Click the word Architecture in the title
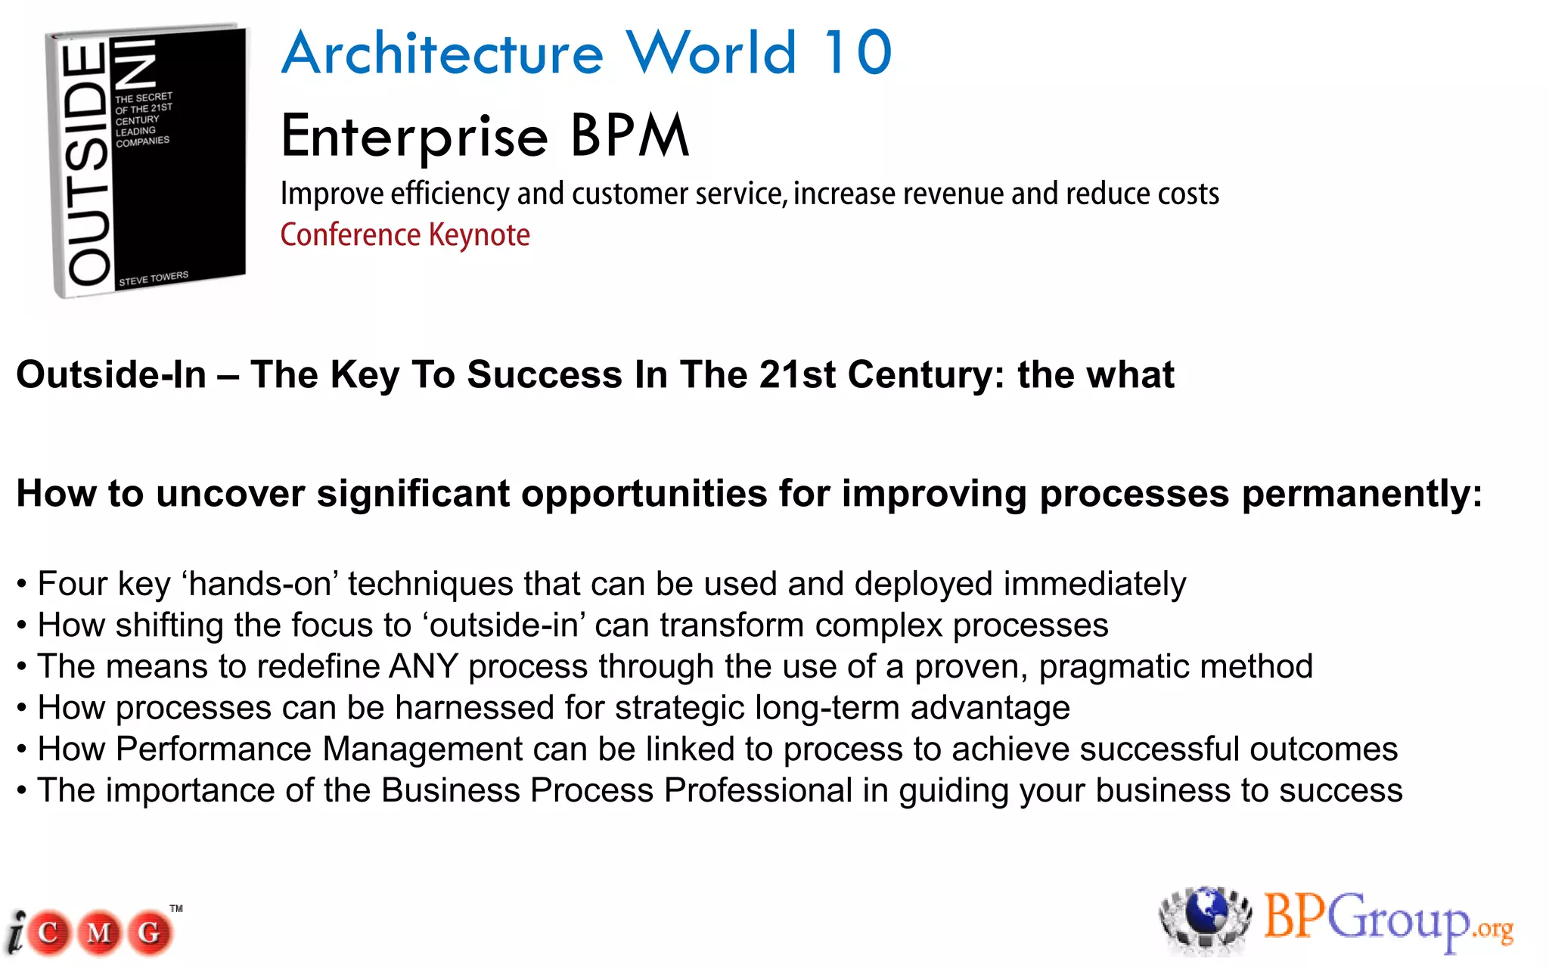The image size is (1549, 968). pos(442,53)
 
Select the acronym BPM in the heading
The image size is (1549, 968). pos(629,136)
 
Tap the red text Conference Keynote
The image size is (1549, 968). pos(405,235)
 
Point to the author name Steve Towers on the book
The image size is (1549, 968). pos(154,278)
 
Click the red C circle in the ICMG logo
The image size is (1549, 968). pos(48,932)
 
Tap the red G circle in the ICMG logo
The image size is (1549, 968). pos(150,932)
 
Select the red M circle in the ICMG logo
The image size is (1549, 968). pos(99,932)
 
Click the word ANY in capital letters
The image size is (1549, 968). pos(424,667)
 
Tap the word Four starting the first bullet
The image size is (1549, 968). pos(73,585)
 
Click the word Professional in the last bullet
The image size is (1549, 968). pos(759,791)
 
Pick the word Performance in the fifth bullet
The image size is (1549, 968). pos(214,749)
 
